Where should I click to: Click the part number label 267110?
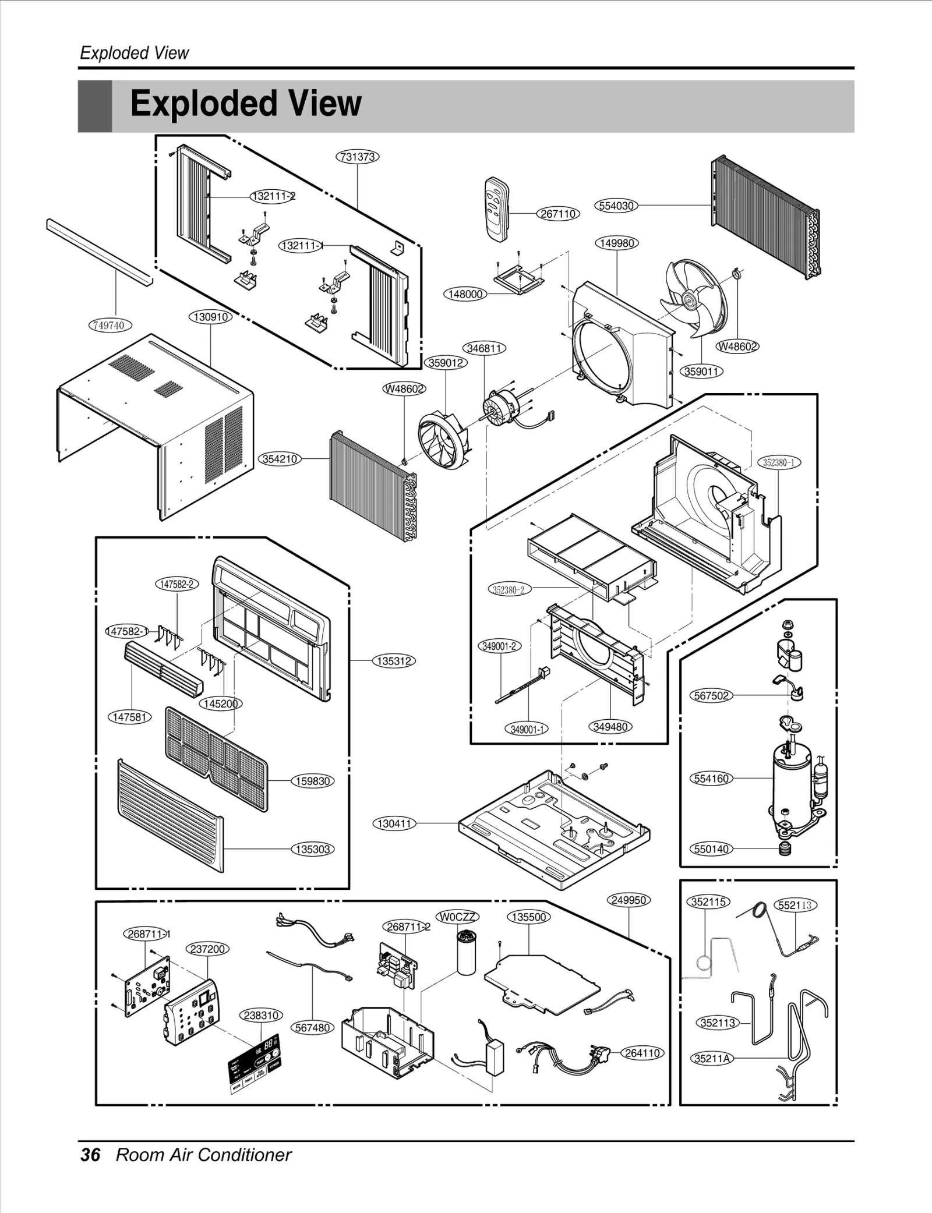pyautogui.click(x=557, y=214)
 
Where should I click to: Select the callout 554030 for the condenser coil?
pyautogui.click(x=617, y=206)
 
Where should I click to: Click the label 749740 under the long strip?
pyautogui.click(x=110, y=325)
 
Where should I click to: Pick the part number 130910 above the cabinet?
pyautogui.click(x=210, y=317)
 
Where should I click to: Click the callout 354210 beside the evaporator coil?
pyautogui.click(x=280, y=459)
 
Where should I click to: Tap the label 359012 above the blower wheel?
pyautogui.click(x=446, y=363)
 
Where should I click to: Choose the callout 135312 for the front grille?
pyautogui.click(x=394, y=661)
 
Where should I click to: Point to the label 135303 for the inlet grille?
pyautogui.click(x=313, y=849)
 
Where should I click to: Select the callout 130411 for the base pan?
pyautogui.click(x=394, y=823)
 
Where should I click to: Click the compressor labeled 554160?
pyautogui.click(x=792, y=780)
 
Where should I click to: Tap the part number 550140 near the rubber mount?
pyautogui.click(x=711, y=849)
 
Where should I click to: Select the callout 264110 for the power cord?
pyautogui.click(x=642, y=1053)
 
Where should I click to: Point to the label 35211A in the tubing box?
pyautogui.click(x=712, y=1058)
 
